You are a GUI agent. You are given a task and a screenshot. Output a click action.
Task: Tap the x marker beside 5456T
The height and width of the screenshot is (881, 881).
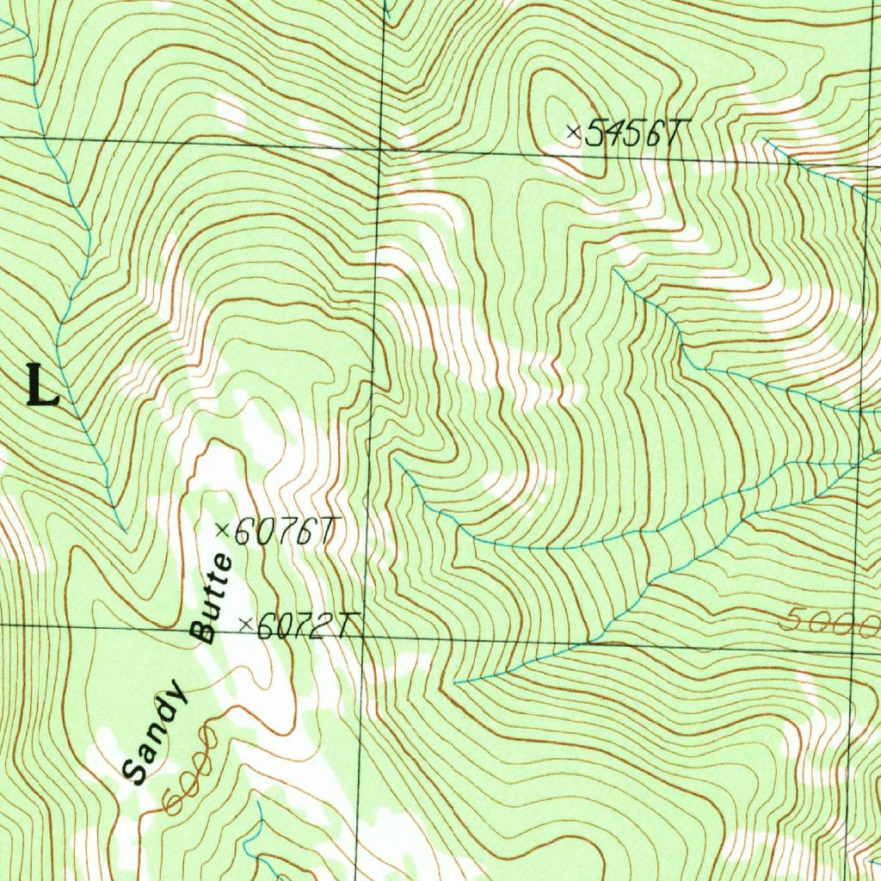coord(574,132)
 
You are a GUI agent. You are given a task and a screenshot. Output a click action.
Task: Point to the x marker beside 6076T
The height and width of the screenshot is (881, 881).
coord(221,531)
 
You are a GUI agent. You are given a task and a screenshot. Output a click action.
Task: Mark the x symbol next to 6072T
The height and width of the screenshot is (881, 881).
coord(245,625)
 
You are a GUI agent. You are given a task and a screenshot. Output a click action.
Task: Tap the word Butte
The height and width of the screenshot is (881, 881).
coord(212,599)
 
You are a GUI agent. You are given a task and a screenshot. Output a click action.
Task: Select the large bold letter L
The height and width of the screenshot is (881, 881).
coord(42,385)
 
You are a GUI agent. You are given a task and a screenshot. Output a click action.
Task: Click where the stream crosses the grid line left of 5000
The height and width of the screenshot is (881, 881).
coord(590,643)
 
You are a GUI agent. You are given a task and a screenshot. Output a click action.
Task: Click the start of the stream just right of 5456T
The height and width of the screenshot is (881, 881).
coord(764,138)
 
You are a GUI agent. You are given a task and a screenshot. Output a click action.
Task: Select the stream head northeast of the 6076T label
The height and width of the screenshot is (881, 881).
coord(396,460)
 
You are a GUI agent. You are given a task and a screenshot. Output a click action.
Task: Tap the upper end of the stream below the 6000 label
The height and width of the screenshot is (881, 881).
coord(258,804)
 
